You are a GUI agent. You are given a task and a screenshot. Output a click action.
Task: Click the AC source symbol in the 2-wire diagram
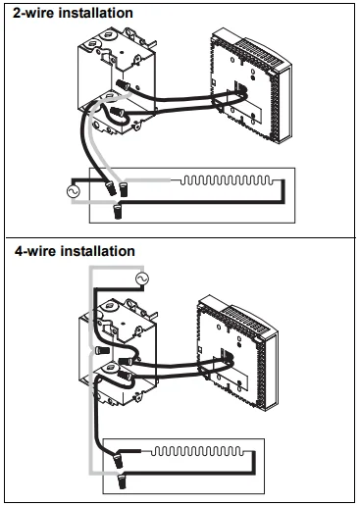73,191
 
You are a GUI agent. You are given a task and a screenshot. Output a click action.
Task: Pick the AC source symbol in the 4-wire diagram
142,278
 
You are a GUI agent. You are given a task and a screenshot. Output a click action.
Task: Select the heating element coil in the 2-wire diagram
227,180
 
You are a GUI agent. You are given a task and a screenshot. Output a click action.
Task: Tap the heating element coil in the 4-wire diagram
197,451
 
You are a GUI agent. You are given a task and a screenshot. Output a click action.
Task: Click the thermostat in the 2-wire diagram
250,85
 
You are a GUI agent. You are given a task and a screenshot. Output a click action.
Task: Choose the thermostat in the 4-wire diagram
236,352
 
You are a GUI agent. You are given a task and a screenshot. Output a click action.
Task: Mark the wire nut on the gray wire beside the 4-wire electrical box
102,350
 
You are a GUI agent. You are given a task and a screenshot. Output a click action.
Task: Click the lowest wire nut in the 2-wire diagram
117,211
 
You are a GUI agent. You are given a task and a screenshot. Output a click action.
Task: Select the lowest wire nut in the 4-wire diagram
122,481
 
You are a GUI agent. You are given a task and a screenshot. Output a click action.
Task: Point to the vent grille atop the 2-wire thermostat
257,52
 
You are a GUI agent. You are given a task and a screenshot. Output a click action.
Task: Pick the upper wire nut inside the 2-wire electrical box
123,85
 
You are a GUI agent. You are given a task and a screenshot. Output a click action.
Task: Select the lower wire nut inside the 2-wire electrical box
118,112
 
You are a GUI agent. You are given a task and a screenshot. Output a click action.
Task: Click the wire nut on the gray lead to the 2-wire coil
123,190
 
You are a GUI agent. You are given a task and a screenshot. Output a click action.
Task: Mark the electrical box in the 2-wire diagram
117,82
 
